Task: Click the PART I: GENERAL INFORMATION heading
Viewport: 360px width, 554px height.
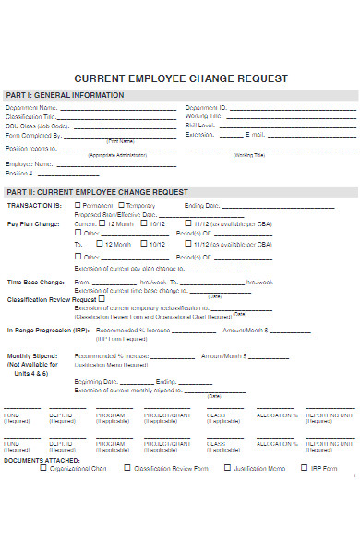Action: point(65,96)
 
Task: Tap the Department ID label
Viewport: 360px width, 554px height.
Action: point(206,108)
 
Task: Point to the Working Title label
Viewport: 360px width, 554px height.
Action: point(204,117)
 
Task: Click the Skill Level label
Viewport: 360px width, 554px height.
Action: point(200,126)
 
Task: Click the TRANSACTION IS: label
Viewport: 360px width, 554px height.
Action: point(34,205)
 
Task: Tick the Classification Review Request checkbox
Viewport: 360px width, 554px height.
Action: point(102,298)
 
